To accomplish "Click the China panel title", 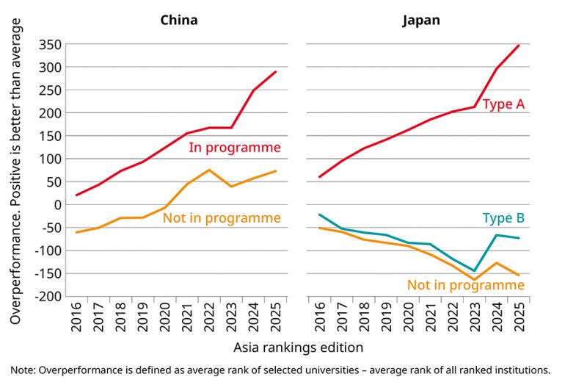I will coord(179,20).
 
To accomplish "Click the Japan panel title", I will coord(421,20).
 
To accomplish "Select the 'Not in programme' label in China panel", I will coord(222,218).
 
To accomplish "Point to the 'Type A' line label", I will coord(503,104).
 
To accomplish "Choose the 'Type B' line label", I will coord(503,218).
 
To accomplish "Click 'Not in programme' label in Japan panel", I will coord(466,285).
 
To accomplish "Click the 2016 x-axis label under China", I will coord(76,317).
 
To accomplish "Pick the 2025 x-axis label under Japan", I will coord(519,317).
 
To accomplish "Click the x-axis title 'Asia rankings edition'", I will coord(298,346).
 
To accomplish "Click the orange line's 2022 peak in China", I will coord(209,170).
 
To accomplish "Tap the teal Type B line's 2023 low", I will coord(474,271).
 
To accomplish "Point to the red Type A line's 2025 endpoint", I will coord(519,46).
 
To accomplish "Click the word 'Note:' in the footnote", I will coord(26,370).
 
